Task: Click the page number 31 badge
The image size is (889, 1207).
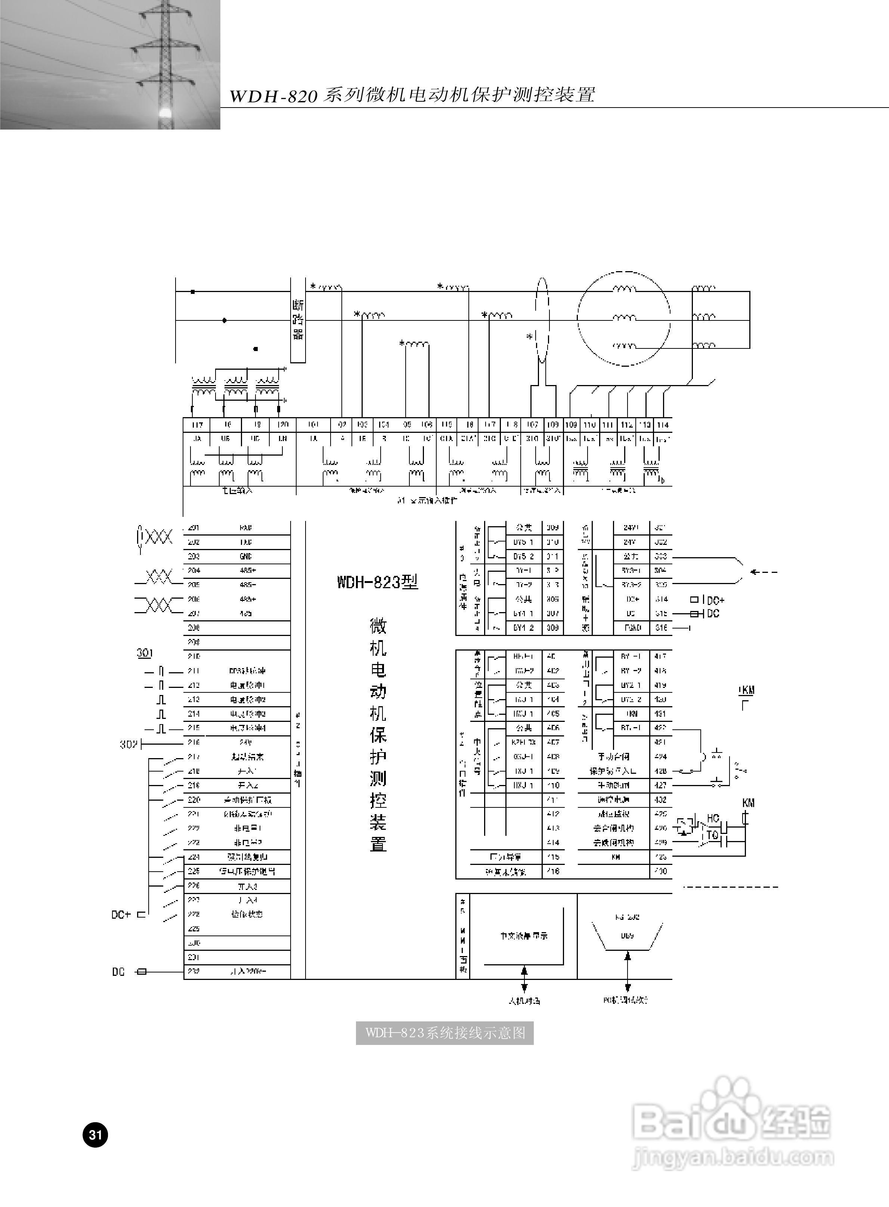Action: pyautogui.click(x=95, y=1135)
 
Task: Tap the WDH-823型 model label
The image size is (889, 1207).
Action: pyautogui.click(x=377, y=582)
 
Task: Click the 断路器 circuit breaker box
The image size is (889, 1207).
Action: pyautogui.click(x=298, y=320)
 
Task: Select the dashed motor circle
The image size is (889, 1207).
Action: pyautogui.click(x=624, y=319)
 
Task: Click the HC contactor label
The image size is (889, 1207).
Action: pyautogui.click(x=713, y=818)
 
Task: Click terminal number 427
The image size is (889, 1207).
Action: pyautogui.click(x=661, y=785)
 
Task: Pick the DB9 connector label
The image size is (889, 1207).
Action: pyautogui.click(x=627, y=935)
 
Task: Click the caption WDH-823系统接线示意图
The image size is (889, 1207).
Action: pyautogui.click(x=444, y=1033)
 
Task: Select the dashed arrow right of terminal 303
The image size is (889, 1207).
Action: pyautogui.click(x=764, y=572)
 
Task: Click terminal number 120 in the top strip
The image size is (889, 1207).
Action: pyautogui.click(x=282, y=425)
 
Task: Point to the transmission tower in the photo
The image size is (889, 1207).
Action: pyautogui.click(x=164, y=65)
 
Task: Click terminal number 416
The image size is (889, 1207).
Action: pyautogui.click(x=553, y=871)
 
